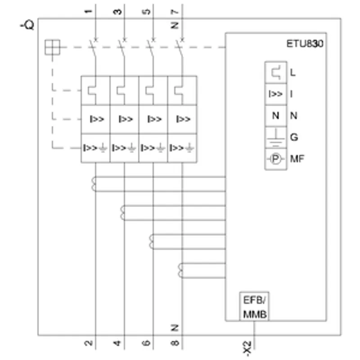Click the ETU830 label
pyautogui.click(x=305, y=44)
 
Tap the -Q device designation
pyautogui.click(x=27, y=25)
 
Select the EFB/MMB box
pyautogui.click(x=254, y=306)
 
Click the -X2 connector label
pyautogui.click(x=247, y=349)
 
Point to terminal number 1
pyautogui.click(x=89, y=11)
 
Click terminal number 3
pyautogui.click(x=117, y=11)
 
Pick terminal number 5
pyautogui.click(x=146, y=11)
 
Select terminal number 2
pyautogui.click(x=89, y=343)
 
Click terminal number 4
pyautogui.click(x=117, y=343)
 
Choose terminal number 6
pyautogui.click(x=146, y=343)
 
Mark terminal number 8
pyautogui.click(x=175, y=343)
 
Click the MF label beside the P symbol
pyautogui.click(x=297, y=159)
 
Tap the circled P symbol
pyautogui.click(x=275, y=159)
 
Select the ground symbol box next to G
pyautogui.click(x=276, y=138)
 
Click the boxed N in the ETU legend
pyautogui.click(x=276, y=116)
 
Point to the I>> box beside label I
pyautogui.click(x=276, y=94)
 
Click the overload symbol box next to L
pyautogui.click(x=276, y=73)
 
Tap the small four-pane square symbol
pyautogui.click(x=52, y=47)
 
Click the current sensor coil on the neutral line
pyautogui.click(x=180, y=271)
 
